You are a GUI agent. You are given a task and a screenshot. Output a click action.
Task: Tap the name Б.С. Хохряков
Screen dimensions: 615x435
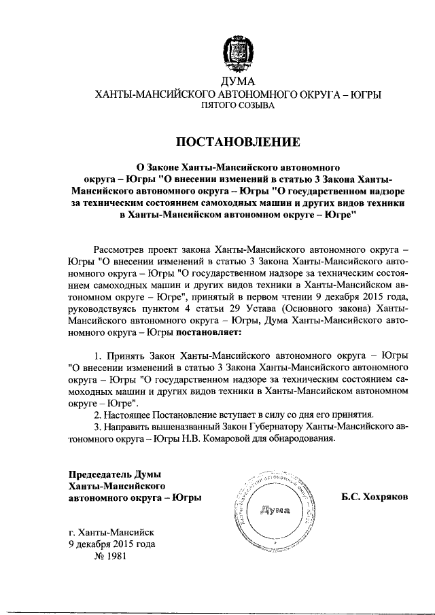coord(375,497)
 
